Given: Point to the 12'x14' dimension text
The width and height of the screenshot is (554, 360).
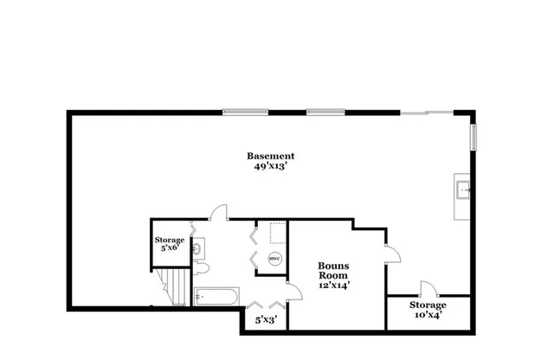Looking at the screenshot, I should click(x=332, y=283).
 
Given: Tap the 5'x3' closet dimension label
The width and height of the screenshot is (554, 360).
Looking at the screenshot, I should click(x=264, y=319).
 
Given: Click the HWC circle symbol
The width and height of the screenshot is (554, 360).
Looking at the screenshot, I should click(x=274, y=259).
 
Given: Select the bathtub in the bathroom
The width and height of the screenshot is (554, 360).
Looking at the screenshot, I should click(x=216, y=297).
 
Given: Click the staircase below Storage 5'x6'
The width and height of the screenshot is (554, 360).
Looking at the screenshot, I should click(x=174, y=286).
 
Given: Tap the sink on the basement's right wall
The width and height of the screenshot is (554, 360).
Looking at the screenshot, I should click(x=463, y=188).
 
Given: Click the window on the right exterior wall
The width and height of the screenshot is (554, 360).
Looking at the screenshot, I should click(x=473, y=137).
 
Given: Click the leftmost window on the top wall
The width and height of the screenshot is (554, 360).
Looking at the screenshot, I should click(x=243, y=112).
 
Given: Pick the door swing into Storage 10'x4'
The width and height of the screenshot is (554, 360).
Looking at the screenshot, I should click(x=425, y=290).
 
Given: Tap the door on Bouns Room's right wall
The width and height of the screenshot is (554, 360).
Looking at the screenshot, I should click(x=390, y=252).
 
